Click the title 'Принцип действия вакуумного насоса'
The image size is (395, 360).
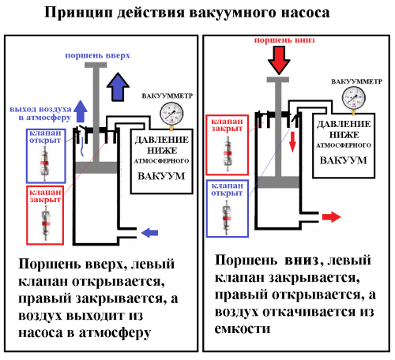point(197,13)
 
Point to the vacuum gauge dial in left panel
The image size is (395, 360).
point(169,111)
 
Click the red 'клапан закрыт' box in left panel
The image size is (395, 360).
point(44,214)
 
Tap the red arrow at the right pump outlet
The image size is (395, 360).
point(331,216)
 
